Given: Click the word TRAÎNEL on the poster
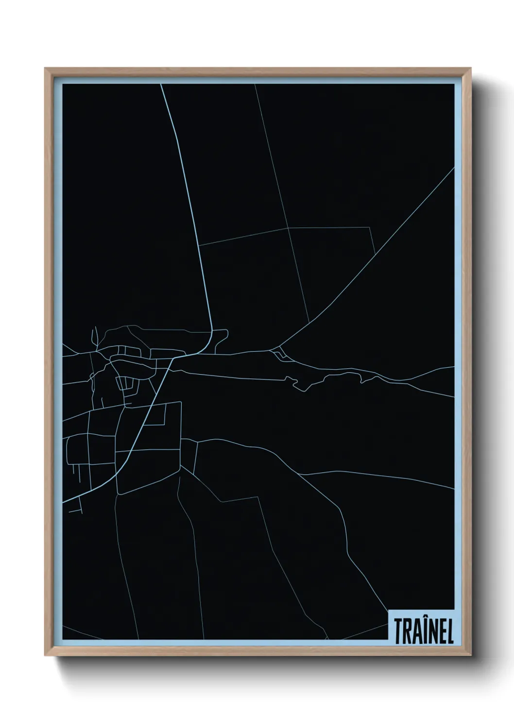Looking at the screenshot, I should [424, 630].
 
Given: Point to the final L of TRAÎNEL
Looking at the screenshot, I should [450, 631].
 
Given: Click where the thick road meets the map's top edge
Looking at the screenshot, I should [161, 85].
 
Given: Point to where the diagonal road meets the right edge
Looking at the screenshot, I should [454, 168].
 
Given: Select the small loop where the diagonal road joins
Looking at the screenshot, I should [278, 353].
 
